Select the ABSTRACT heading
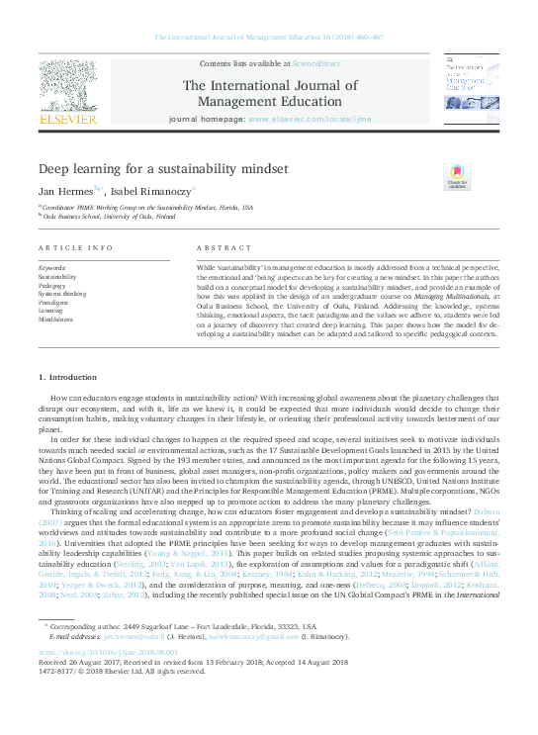coord(218,247)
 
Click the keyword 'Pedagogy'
coord(53,285)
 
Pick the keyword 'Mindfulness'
coord(55,320)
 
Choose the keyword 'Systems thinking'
coord(61,294)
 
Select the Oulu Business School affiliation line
coord(110,215)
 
